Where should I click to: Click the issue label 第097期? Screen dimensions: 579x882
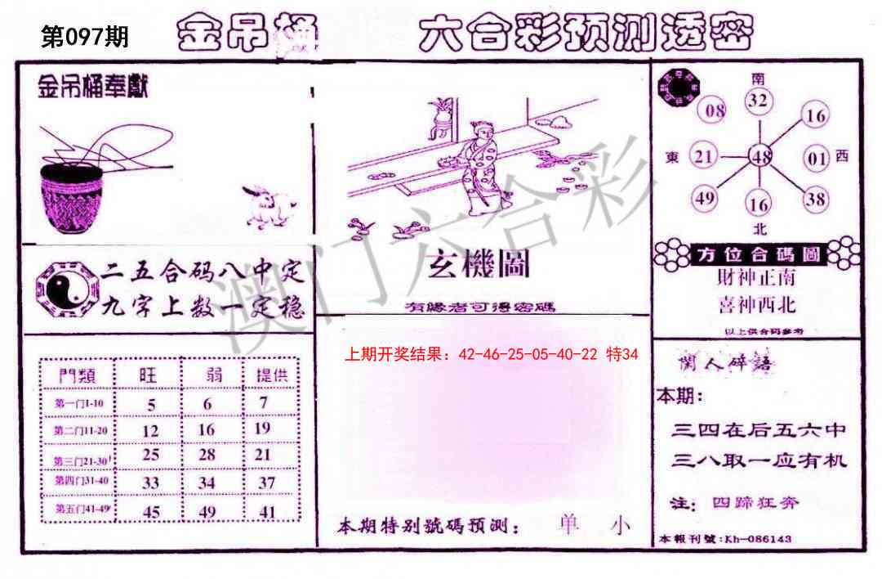click(85, 37)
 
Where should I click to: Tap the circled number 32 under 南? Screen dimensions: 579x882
click(759, 101)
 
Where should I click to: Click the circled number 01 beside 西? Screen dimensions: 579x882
click(817, 158)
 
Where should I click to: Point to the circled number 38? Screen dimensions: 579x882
click(815, 198)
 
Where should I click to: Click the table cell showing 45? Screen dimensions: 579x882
click(150, 512)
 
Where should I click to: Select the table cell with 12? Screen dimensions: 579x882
click(150, 429)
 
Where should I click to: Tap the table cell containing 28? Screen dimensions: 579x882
click(207, 455)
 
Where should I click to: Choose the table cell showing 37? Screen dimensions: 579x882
click(266, 482)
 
